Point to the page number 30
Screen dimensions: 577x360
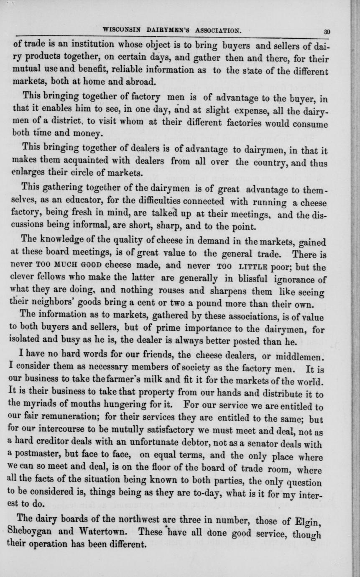(327, 31)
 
